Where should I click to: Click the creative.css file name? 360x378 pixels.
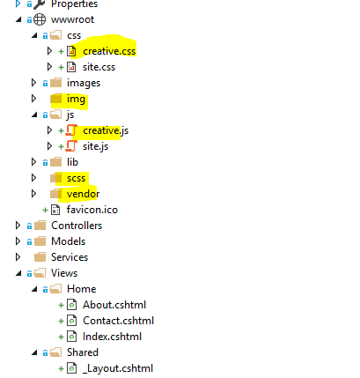[x=109, y=51]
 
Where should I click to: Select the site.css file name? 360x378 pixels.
[x=99, y=67]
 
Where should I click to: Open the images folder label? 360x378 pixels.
[x=84, y=84]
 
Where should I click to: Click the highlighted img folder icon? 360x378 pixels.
[x=56, y=99]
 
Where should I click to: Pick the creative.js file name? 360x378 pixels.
[x=106, y=131]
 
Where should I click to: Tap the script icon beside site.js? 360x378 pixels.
[x=71, y=146]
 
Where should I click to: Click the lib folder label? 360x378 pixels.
[x=72, y=162]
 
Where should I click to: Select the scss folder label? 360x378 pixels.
[x=76, y=178]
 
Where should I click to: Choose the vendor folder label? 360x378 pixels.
[x=83, y=194]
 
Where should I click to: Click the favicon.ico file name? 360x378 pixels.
[x=92, y=210]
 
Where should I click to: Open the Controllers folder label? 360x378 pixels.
[x=77, y=226]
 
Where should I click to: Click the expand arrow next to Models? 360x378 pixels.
[x=18, y=241]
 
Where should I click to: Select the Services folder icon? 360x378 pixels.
[x=40, y=257]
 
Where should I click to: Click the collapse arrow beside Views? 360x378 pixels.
[x=18, y=273]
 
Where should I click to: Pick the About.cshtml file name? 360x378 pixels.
[x=114, y=305]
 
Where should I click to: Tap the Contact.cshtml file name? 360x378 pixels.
[x=118, y=321]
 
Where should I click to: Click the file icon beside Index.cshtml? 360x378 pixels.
[x=72, y=337]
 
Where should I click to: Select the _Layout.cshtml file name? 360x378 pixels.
[x=118, y=368]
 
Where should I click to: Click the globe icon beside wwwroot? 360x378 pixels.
[x=40, y=19]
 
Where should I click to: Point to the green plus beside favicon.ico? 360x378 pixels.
[x=45, y=210]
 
